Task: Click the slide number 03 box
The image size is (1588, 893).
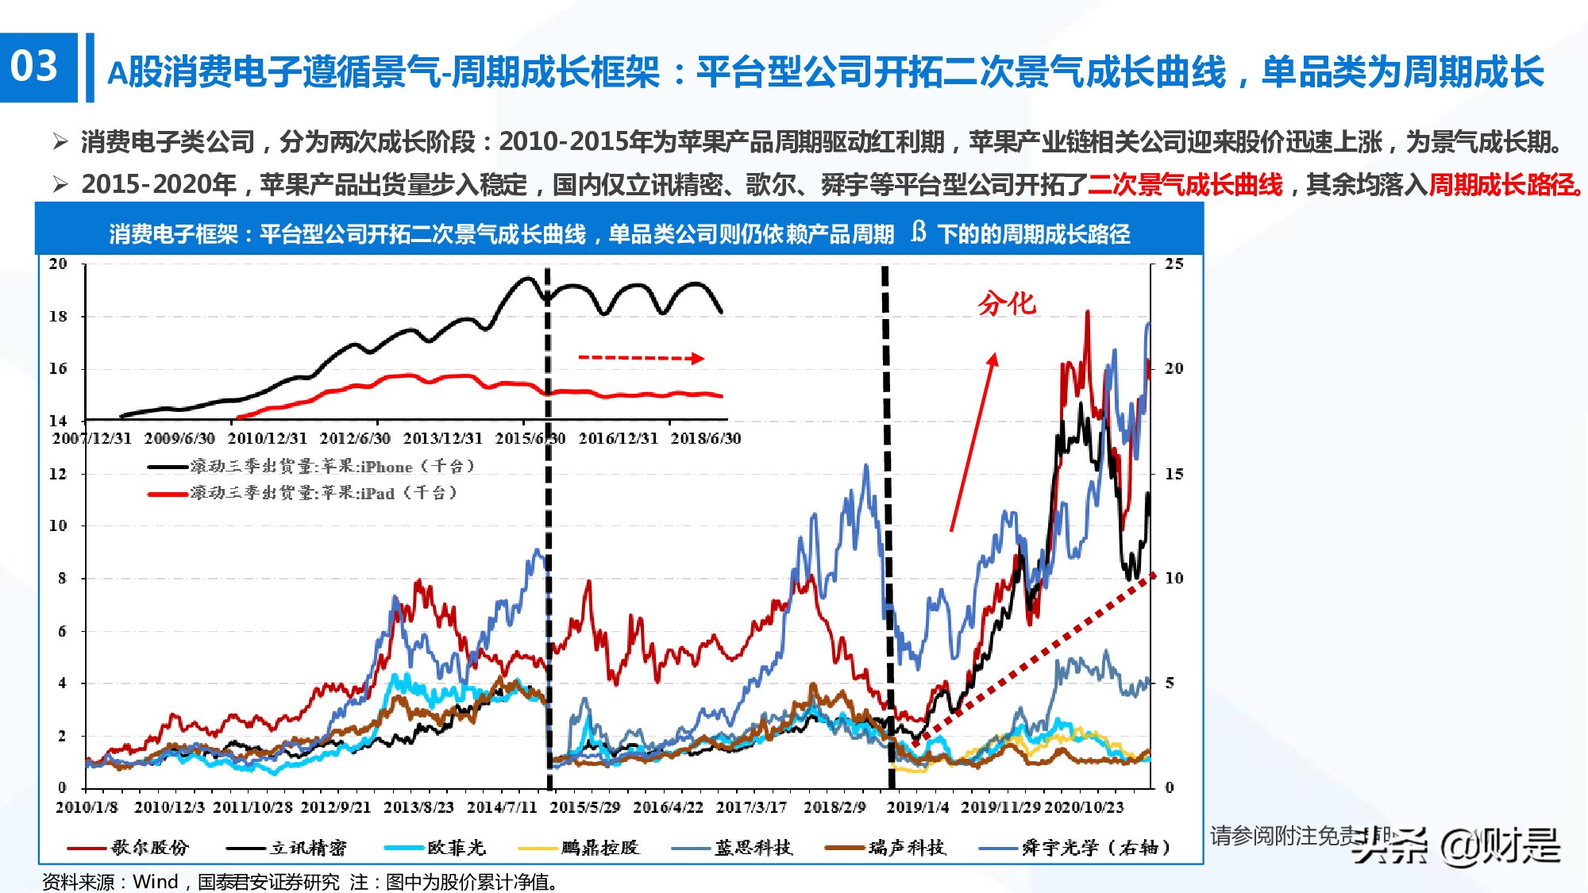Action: [38, 67]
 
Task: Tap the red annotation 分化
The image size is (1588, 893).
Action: [1006, 303]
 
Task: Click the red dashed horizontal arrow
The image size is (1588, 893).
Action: [640, 358]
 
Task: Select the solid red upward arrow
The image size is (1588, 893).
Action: [973, 441]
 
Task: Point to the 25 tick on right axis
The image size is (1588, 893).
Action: [1174, 264]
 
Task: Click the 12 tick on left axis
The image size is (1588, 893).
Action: [58, 474]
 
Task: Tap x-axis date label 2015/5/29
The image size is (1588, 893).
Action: [584, 807]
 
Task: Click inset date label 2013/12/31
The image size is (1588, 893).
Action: [442, 438]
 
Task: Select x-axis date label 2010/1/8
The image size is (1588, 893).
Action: [87, 807]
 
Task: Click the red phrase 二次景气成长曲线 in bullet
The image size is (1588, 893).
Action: [1185, 185]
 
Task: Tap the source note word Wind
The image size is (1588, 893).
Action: [156, 882]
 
